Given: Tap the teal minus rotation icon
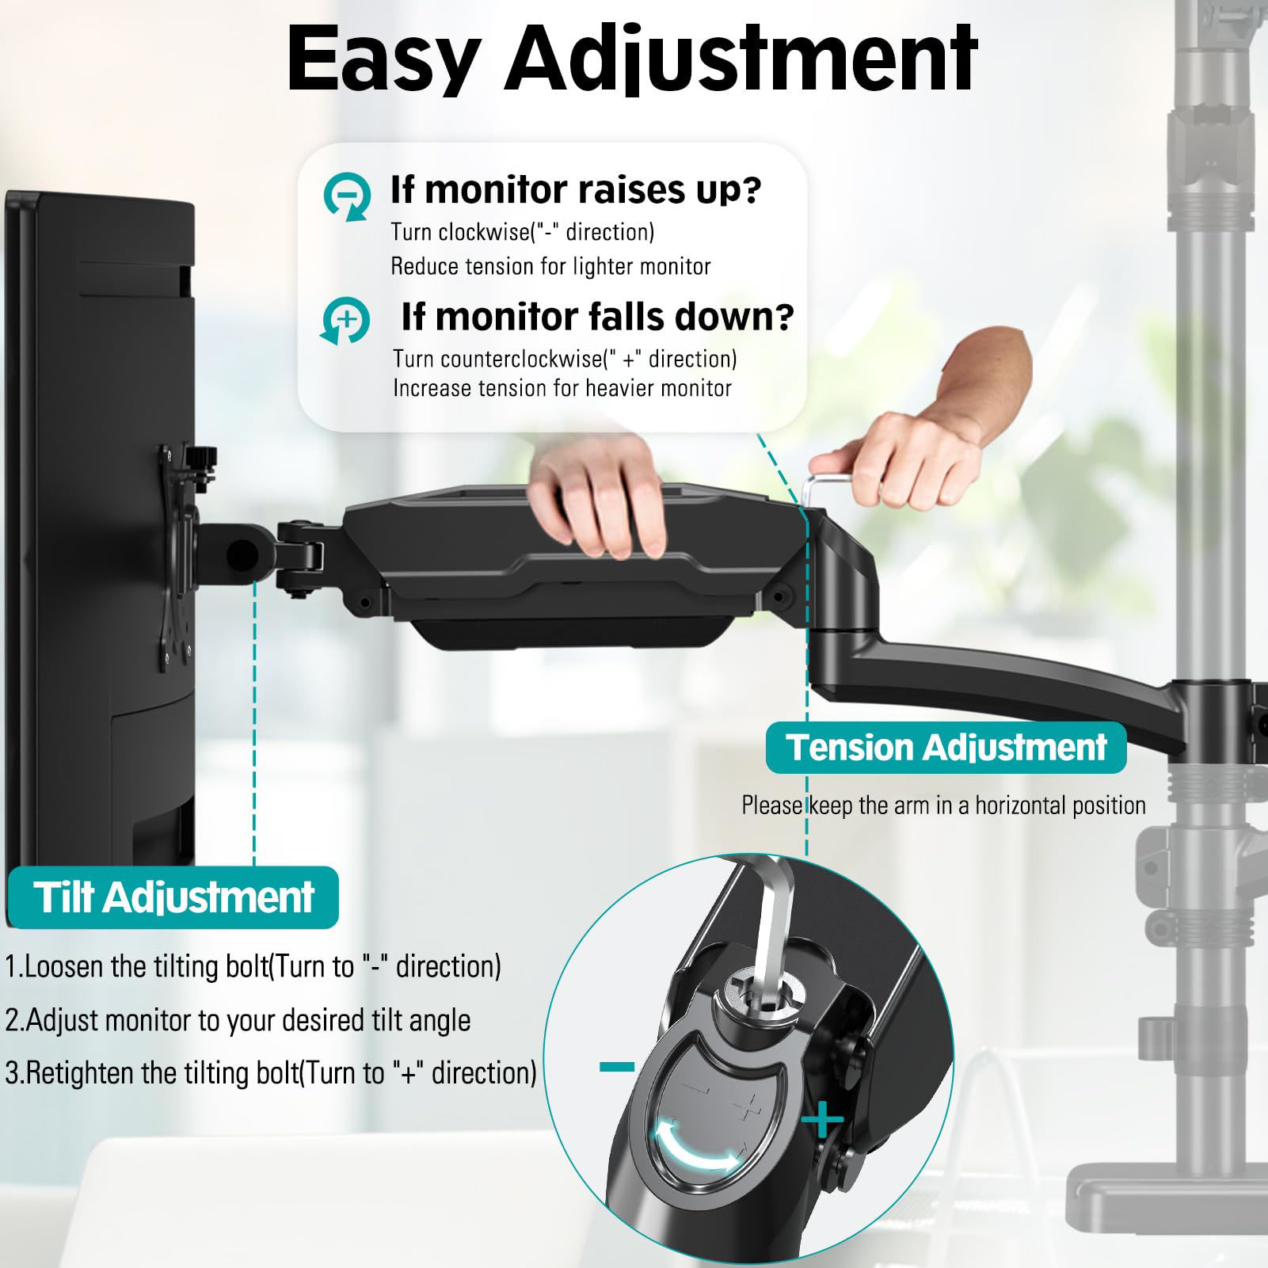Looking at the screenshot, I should pyautogui.click(x=347, y=195).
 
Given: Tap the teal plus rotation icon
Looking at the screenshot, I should pyautogui.click(x=345, y=321).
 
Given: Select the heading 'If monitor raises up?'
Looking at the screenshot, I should pyautogui.click(x=576, y=190).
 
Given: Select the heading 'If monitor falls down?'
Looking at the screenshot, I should pyautogui.click(x=597, y=317).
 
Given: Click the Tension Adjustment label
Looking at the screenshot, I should pyautogui.click(x=946, y=747).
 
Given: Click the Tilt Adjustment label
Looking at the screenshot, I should pyautogui.click(x=173, y=897).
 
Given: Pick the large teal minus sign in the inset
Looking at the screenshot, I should pyautogui.click(x=617, y=1068).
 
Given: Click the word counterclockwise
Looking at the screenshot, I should pyautogui.click(x=520, y=359).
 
